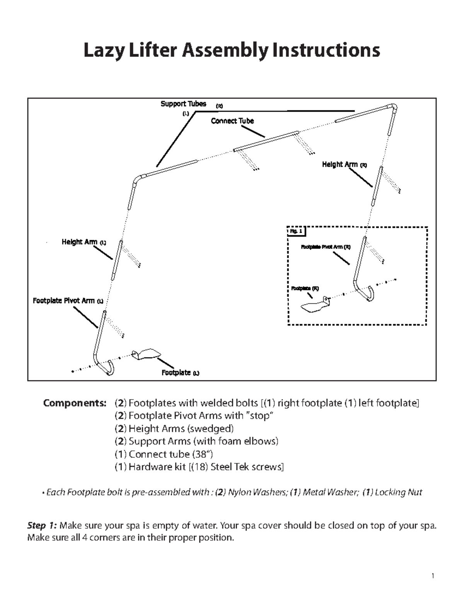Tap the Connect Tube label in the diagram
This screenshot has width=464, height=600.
(x=232, y=121)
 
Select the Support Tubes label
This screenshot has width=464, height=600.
(x=183, y=104)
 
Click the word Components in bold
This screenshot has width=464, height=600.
(x=75, y=403)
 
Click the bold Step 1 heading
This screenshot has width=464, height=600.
(x=42, y=525)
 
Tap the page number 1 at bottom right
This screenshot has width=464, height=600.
(x=433, y=576)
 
